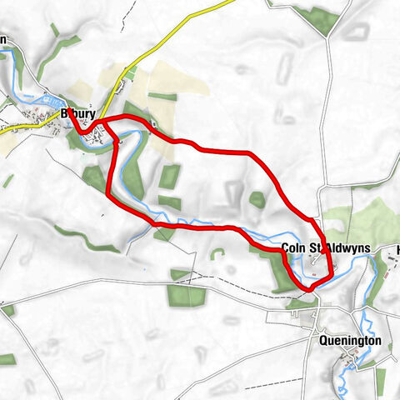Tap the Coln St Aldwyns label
pos(314,247)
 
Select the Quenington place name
pos(350,341)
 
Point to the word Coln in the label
pos(292,247)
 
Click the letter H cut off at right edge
pos(397,249)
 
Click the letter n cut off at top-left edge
pos(3,38)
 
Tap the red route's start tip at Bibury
pos(70,109)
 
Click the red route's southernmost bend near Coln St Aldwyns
pos(309,288)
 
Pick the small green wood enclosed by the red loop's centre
pos(170,176)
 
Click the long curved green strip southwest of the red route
pos(87,237)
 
